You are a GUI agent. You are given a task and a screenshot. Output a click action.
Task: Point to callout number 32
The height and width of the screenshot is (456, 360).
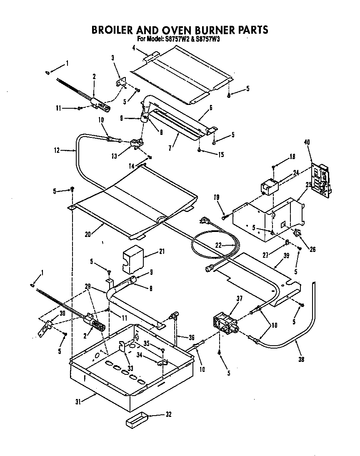click(168, 414)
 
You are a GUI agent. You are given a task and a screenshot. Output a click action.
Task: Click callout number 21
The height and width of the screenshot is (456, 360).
click(162, 252)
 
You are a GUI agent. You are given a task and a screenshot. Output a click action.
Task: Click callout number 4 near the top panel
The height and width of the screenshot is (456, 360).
click(133, 48)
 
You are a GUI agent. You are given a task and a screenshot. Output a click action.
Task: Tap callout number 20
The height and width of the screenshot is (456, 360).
click(88, 234)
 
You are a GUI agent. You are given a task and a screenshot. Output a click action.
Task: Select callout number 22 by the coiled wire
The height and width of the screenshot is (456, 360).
click(218, 245)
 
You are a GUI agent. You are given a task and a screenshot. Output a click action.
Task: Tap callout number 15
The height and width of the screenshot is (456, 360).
click(221, 154)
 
